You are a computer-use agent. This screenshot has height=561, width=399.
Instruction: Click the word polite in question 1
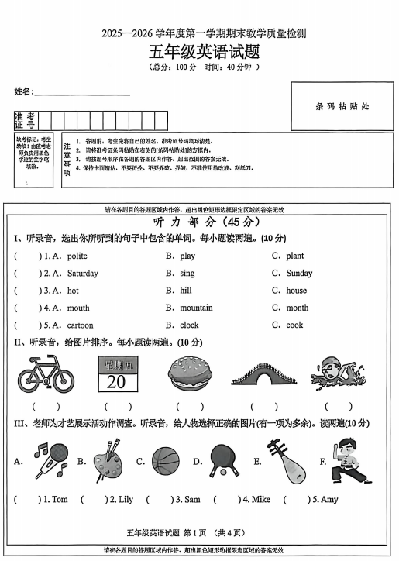tap(77, 256)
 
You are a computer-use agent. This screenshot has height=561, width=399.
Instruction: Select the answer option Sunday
tap(299, 273)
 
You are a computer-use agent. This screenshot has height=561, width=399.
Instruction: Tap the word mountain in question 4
tap(196, 308)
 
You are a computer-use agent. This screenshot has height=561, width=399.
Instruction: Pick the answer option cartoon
tap(80, 325)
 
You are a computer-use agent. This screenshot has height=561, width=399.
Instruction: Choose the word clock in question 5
tap(189, 325)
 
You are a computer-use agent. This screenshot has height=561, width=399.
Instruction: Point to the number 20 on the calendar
tap(116, 381)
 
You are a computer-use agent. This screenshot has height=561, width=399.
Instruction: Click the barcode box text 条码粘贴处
tap(342, 106)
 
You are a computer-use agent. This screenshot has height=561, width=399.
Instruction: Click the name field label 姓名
tap(23, 91)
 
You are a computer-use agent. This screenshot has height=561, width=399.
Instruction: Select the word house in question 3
tap(296, 291)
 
